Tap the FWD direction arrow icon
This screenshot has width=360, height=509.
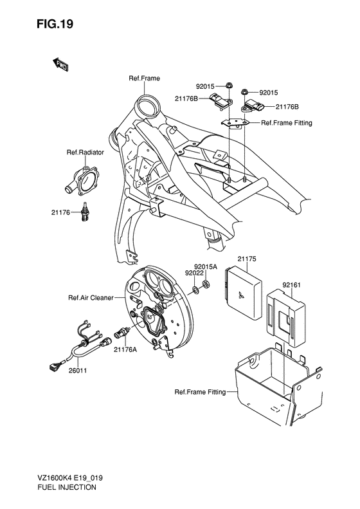(x=61, y=64)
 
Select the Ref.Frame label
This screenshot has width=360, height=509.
(x=144, y=79)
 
